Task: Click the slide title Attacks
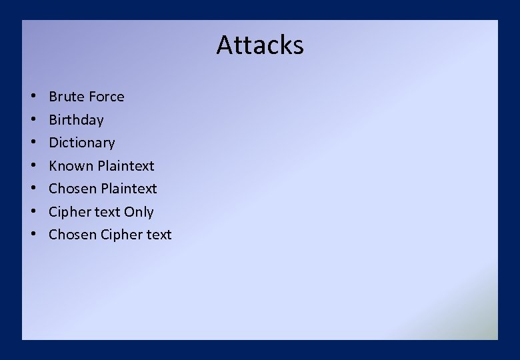[260, 45]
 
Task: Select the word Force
[107, 97]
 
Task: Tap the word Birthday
[76, 120]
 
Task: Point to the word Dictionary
[81, 143]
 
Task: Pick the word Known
[71, 166]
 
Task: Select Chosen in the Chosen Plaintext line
[73, 189]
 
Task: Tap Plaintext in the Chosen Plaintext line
[129, 189]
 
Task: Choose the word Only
[139, 212]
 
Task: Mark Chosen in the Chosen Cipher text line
[73, 235]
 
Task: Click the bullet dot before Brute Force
[33, 97]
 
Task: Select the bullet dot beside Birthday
[33, 121]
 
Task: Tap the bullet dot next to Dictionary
[33, 143]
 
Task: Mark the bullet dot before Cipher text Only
[33, 213]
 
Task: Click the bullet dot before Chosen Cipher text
[33, 235]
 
